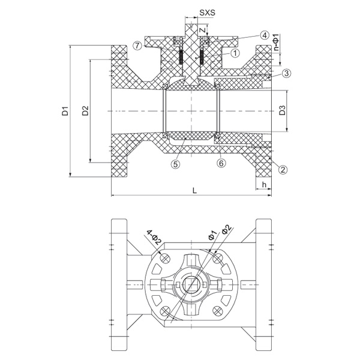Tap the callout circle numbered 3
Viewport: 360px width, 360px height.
point(287,73)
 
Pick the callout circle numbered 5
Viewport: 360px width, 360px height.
point(175,163)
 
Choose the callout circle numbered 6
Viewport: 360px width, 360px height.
point(221,163)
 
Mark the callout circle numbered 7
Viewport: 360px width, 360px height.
point(137,45)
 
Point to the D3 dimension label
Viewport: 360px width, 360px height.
point(282,110)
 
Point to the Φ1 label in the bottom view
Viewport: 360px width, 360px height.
point(211,233)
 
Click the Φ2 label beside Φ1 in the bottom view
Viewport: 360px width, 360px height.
point(226,229)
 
